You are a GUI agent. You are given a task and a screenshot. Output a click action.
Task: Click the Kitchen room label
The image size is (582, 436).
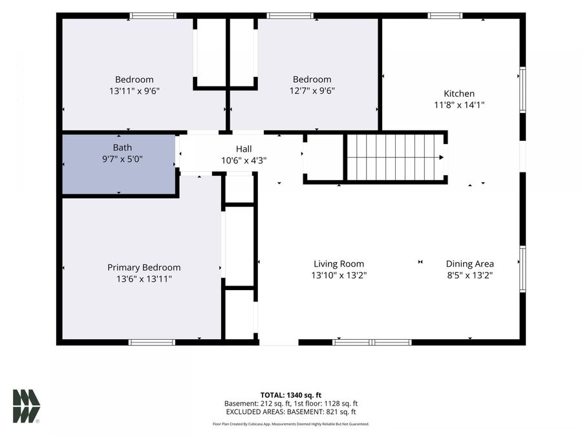(x=459, y=94)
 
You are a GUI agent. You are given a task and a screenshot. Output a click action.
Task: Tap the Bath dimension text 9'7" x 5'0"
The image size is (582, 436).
(x=122, y=159)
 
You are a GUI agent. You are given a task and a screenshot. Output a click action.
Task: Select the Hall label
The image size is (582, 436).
(x=244, y=149)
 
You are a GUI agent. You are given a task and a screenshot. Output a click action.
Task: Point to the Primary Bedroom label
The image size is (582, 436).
(x=144, y=267)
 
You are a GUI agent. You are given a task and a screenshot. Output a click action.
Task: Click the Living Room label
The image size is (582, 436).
(x=339, y=264)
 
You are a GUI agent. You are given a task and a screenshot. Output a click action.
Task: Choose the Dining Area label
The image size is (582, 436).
(x=470, y=264)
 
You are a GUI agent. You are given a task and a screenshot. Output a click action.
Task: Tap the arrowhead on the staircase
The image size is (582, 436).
(x=441, y=157)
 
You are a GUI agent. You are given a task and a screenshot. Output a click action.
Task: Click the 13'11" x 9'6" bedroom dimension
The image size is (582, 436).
(x=135, y=91)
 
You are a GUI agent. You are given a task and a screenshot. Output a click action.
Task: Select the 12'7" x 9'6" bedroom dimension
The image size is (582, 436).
(x=312, y=90)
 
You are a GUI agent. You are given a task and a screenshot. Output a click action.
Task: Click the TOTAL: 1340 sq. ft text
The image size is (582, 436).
(x=291, y=395)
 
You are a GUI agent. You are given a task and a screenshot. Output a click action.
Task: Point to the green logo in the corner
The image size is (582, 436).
(x=27, y=406)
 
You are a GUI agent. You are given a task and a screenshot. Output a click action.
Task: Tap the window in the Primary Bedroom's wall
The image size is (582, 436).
(x=152, y=342)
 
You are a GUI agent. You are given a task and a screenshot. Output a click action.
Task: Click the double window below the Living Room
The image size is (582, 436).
(x=372, y=342)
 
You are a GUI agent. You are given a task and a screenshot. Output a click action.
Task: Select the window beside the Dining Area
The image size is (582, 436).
(x=523, y=269)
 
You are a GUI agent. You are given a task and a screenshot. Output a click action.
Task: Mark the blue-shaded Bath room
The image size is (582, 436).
(x=119, y=164)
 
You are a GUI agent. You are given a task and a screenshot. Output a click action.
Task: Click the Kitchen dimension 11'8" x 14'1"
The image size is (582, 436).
(x=460, y=105)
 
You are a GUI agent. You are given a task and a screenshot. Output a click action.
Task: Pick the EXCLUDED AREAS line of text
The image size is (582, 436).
(x=291, y=412)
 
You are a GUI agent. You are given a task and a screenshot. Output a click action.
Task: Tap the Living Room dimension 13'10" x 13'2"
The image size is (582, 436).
(x=339, y=275)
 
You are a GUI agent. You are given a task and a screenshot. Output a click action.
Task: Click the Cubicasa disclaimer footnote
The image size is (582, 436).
(x=291, y=424)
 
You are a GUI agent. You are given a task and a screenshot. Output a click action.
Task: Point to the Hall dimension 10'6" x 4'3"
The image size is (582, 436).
(x=244, y=161)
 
